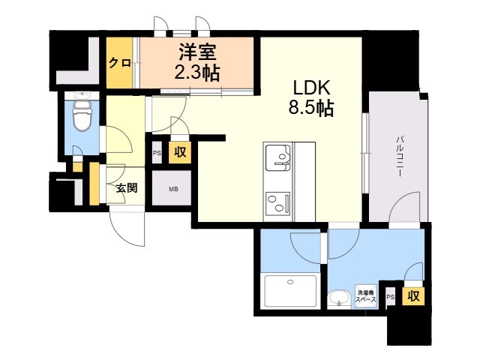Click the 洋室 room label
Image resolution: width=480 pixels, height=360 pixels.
coord(197,52)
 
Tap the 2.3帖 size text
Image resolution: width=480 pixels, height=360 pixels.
coord(197,73)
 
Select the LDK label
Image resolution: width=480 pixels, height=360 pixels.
coord(312,88)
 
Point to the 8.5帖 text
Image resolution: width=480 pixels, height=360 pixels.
coord(311,107)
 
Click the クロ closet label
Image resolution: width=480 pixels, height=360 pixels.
coord(120,63)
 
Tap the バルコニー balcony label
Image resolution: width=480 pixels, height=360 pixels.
coord(400,157)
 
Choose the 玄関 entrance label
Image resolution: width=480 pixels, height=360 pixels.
coord(127,188)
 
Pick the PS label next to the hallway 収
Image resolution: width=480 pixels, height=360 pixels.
coord(157,152)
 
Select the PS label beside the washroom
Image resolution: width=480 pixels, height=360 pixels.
coord(390,297)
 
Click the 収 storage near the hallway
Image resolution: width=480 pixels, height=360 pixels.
coord(180,151)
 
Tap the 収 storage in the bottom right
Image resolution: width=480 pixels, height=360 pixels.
coord(413,296)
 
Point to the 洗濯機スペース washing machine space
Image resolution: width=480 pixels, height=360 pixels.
coord(365,296)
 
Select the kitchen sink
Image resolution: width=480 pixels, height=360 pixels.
coord(278,158)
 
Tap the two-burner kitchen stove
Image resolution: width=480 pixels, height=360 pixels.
coord(278,203)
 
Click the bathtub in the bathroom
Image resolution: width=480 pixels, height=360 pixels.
coord(290,291)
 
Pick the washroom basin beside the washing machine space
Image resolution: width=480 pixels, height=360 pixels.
coord(339,298)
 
